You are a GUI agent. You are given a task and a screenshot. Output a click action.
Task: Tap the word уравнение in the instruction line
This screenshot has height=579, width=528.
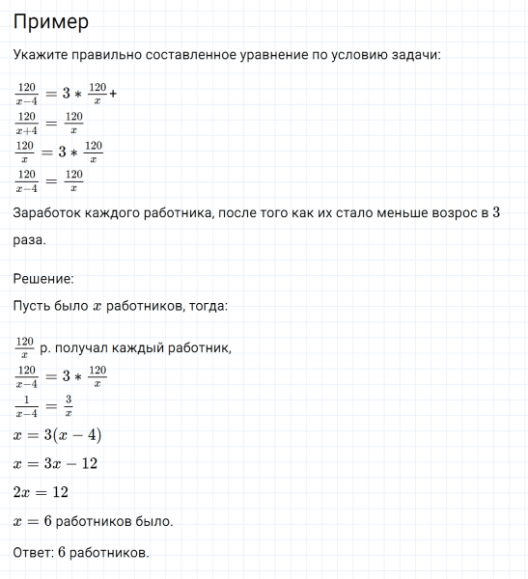pyautogui.click(x=268, y=56)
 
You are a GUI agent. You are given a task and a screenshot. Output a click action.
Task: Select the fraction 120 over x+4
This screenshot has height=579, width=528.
pyautogui.click(x=27, y=123)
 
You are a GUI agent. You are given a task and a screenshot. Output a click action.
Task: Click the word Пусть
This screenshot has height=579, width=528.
pyautogui.click(x=34, y=306)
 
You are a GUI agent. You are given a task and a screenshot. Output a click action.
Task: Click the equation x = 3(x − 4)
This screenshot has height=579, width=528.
pyautogui.click(x=57, y=436)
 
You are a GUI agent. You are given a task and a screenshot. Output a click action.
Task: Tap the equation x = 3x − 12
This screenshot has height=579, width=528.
pyautogui.click(x=55, y=464)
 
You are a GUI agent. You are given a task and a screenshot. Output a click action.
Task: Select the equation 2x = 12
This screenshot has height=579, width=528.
pyautogui.click(x=41, y=492)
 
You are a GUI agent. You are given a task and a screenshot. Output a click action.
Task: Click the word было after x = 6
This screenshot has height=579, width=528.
pyautogui.click(x=153, y=521)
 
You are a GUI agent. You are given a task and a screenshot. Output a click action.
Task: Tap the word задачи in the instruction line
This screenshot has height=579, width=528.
pyautogui.click(x=413, y=56)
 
